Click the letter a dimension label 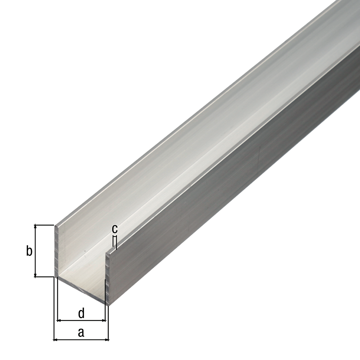(x=81, y=333)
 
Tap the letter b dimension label (x=29, y=251)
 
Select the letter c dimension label (x=115, y=229)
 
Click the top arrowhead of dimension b (x=35, y=227)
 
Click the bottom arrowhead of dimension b (x=35, y=275)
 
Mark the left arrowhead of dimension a (x=55, y=339)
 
